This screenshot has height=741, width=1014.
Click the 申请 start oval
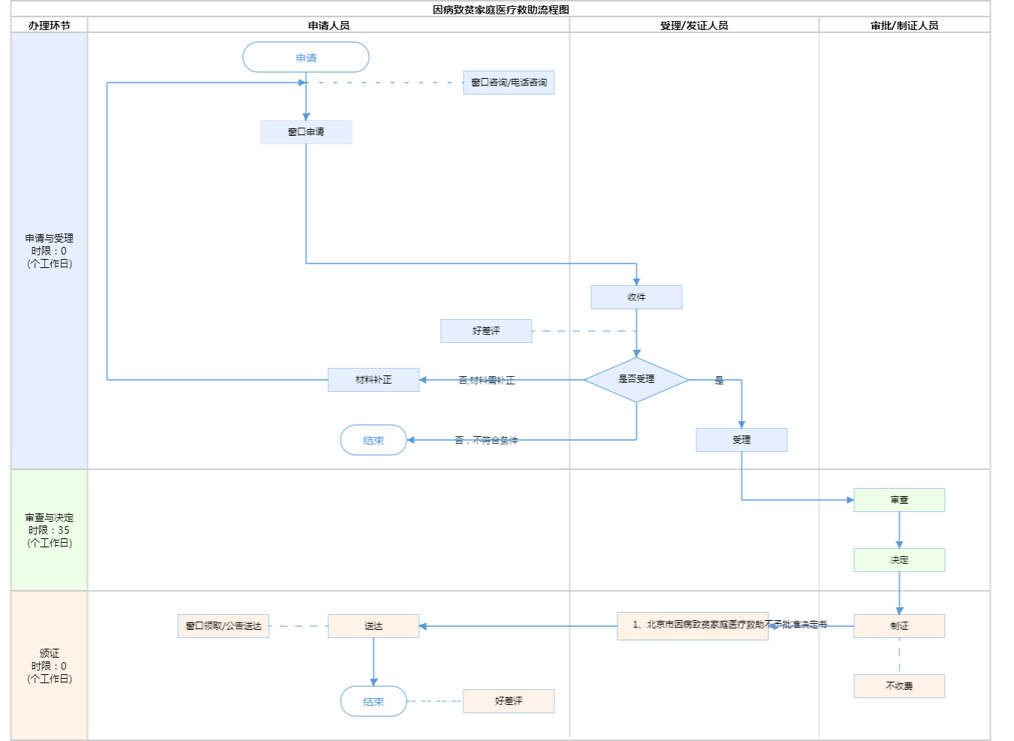[x=306, y=58]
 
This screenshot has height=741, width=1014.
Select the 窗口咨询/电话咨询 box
[x=509, y=83]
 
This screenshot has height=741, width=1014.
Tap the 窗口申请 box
[x=306, y=132]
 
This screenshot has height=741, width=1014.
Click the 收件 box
[x=636, y=297]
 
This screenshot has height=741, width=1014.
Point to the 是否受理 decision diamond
[x=636, y=380]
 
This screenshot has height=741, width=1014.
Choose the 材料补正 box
[x=373, y=380]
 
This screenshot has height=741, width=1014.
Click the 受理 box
[x=741, y=440]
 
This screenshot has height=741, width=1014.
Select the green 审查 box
[x=899, y=500]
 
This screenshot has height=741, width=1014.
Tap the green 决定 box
[x=899, y=560]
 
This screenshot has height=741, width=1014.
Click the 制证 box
[x=899, y=626]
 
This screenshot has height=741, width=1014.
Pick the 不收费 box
[x=899, y=686]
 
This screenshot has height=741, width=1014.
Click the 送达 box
[x=373, y=626]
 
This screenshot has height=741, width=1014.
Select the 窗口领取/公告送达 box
[x=223, y=626]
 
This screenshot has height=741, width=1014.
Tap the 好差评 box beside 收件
[x=486, y=331]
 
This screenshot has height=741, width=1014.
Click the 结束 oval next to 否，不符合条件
[x=373, y=441]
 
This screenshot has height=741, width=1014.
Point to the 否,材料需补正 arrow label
[x=487, y=381]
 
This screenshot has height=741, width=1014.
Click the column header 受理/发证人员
[x=694, y=26]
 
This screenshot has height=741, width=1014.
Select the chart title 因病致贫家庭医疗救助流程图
[x=501, y=10]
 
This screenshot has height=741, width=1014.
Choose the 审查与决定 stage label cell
[x=50, y=530]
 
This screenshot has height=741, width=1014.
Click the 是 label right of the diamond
[x=719, y=381]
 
